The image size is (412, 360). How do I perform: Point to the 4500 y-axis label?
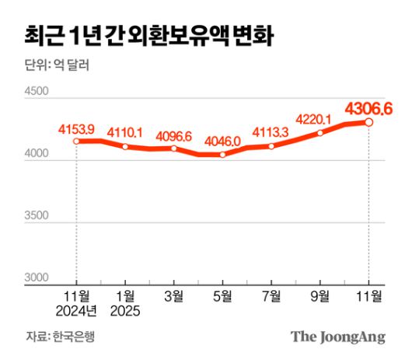click(37, 92)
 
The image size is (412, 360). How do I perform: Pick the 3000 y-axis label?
click(37, 278)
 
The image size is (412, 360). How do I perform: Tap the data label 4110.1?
click(124, 131)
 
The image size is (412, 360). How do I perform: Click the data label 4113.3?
click(271, 131)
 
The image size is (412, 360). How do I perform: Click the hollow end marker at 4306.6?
click(368, 122)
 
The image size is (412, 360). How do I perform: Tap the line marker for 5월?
click(222, 155)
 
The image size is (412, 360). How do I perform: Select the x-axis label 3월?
click(173, 295)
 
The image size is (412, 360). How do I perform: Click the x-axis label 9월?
click(319, 295)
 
